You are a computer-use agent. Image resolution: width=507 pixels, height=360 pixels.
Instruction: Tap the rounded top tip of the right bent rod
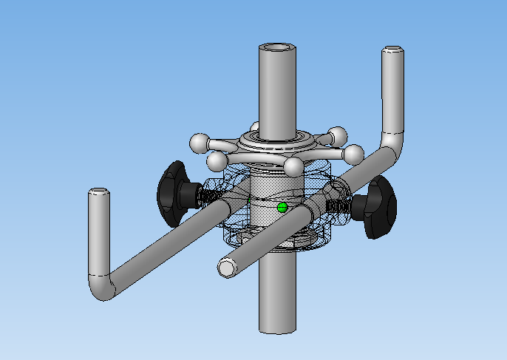(x=392, y=52)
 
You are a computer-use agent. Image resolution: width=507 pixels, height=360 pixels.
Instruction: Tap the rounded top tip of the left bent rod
(x=99, y=194)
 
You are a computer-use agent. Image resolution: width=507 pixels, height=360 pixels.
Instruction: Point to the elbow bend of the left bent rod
(x=103, y=285)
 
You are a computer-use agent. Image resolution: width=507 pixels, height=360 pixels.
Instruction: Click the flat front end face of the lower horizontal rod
(x=226, y=268)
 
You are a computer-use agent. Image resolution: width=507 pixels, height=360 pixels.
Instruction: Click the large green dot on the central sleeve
(x=281, y=208)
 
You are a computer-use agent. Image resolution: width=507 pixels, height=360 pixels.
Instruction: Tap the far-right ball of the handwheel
(x=354, y=154)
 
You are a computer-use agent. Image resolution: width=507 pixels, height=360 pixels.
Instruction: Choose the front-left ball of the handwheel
(x=217, y=160)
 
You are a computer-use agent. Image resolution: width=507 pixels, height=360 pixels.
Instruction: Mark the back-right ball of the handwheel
(x=338, y=135)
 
